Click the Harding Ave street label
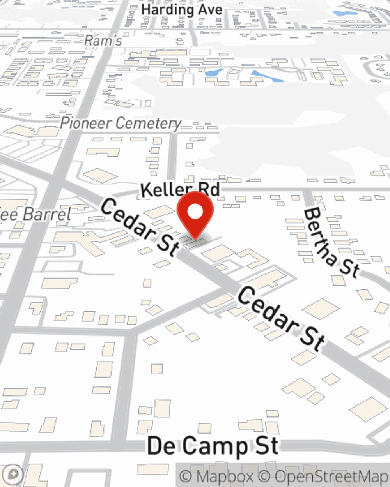(182, 10)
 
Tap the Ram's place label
(103, 40)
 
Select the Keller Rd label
(180, 190)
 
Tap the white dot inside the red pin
(195, 212)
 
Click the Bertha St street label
(331, 242)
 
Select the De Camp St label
(213, 446)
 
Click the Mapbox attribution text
(217, 476)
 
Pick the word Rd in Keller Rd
(209, 190)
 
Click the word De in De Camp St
(161, 446)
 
